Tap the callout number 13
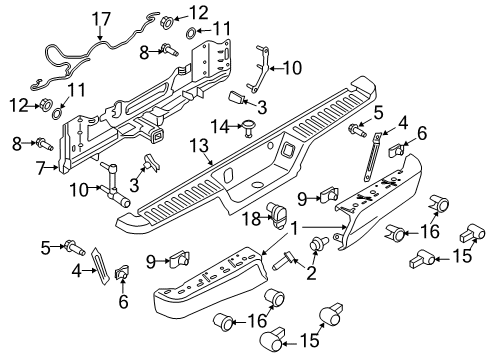point(211,147)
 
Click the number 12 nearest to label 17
point(200,12)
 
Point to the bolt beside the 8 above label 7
point(47,144)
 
